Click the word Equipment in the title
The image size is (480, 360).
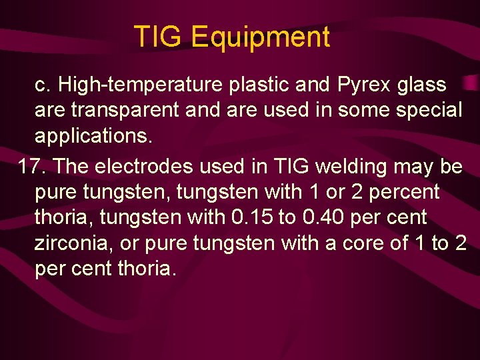[x=261, y=37]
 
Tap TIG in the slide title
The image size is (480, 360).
[x=158, y=37]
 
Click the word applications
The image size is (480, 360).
[x=93, y=136]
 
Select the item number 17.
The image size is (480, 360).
[x=31, y=166]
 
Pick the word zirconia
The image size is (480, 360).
[x=73, y=243]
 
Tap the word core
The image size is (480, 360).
[x=366, y=243]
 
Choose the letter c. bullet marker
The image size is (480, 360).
[x=43, y=85]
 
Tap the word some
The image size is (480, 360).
[x=361, y=110]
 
